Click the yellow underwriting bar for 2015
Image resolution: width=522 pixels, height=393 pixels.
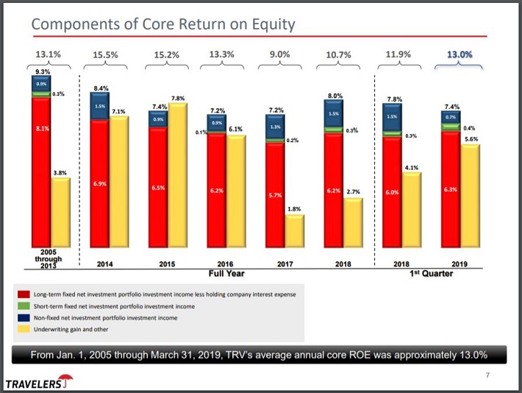[179, 177]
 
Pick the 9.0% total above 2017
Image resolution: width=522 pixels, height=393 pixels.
[280, 54]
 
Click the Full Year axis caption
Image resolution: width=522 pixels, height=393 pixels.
[226, 273]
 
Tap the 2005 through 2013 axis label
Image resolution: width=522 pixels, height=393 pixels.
[49, 259]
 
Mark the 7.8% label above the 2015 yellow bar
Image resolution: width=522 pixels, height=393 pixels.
[178, 98]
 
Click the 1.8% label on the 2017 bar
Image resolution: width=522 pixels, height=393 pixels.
[294, 209]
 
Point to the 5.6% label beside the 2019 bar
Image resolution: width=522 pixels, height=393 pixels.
[471, 139]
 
